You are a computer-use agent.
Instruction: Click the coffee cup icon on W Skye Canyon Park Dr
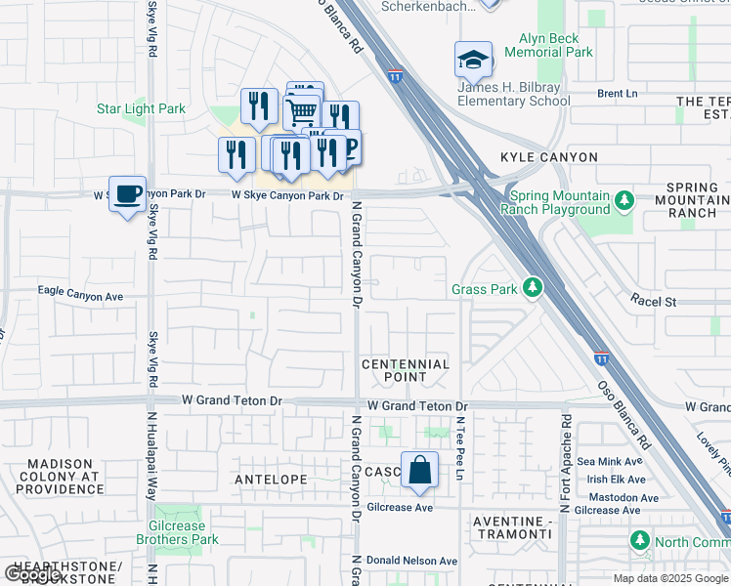(127, 193)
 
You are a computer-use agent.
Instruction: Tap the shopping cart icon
(302, 111)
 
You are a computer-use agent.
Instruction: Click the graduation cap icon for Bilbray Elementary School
(473, 61)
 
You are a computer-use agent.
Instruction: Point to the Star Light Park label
(141, 109)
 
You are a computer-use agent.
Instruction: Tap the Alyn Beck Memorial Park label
(548, 45)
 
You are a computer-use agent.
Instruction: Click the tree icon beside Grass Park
(533, 288)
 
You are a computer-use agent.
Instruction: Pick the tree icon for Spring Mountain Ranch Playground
(624, 201)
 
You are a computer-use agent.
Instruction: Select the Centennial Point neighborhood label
(406, 370)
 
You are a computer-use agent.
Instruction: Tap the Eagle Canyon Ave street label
(80, 293)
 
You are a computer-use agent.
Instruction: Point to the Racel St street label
(653, 303)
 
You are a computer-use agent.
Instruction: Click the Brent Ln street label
(617, 94)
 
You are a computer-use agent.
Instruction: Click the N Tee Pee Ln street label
(458, 448)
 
